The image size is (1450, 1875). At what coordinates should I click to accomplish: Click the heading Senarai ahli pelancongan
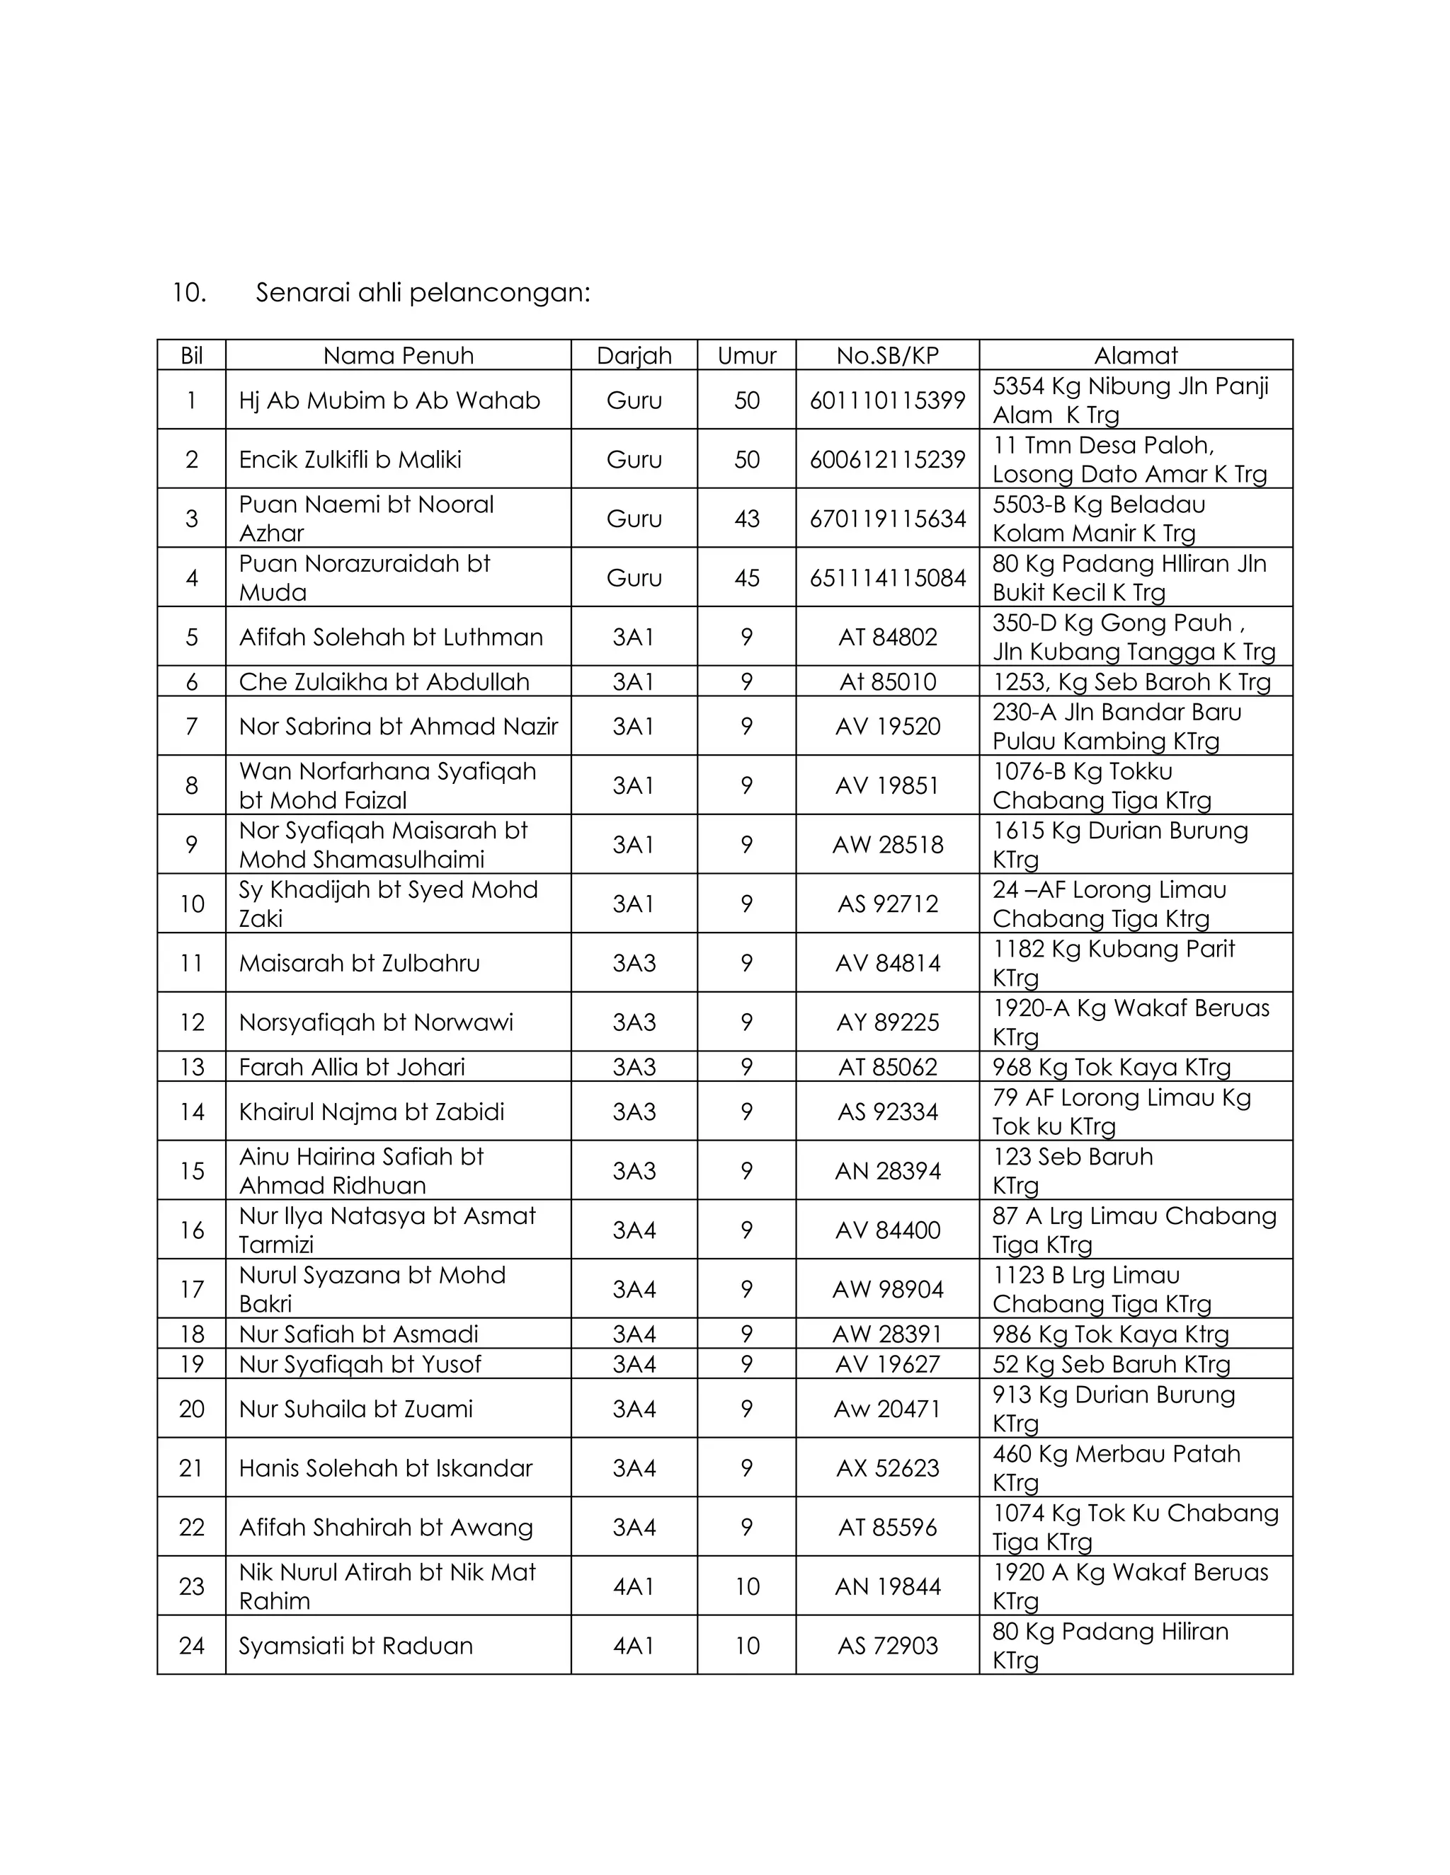click(x=423, y=294)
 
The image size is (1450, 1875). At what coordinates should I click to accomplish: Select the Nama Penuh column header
click(x=398, y=355)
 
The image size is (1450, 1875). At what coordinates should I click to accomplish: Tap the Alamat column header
click(x=1136, y=355)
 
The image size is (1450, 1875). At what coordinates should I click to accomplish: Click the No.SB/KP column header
click(x=887, y=355)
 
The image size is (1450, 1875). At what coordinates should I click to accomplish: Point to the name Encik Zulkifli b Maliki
click(x=350, y=459)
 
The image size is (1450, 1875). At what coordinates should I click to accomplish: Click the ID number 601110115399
click(x=887, y=400)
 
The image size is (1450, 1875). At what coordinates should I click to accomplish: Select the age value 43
click(x=746, y=519)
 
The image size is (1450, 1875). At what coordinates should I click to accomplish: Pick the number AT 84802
click(x=887, y=637)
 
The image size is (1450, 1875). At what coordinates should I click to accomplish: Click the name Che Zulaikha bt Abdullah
click(x=384, y=681)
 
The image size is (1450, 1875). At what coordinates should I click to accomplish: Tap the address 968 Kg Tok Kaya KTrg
click(x=1112, y=1067)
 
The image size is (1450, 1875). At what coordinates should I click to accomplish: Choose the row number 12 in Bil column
click(x=192, y=1022)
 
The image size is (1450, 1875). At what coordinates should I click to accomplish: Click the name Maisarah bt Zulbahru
click(x=359, y=963)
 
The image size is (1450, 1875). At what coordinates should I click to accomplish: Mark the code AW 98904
click(x=887, y=1289)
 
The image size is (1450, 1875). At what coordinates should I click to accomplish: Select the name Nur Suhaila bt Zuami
click(x=355, y=1409)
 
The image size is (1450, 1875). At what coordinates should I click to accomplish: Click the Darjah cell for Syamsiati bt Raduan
click(x=634, y=1646)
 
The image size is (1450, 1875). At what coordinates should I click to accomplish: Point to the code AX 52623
click(x=887, y=1468)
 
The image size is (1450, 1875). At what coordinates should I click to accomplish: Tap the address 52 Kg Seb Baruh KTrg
click(x=1112, y=1364)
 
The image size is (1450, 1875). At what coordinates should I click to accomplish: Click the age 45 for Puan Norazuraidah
click(x=746, y=578)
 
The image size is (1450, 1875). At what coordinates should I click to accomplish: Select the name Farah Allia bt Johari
click(x=351, y=1067)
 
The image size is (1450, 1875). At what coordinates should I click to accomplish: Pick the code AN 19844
click(x=887, y=1586)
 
